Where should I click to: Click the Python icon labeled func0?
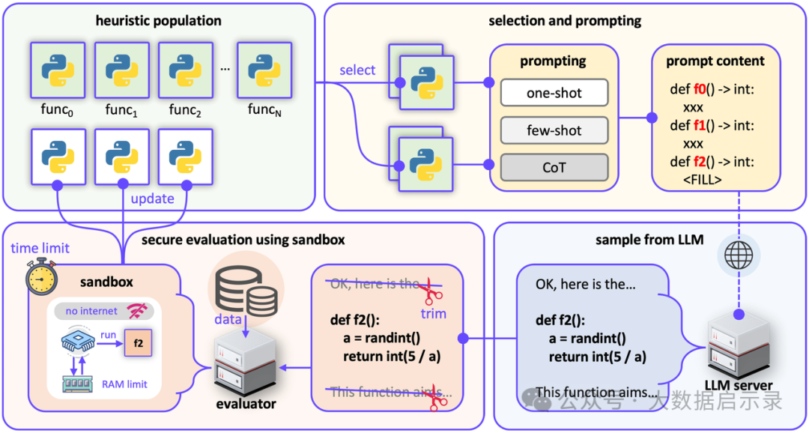point(57,70)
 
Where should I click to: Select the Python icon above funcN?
point(264,70)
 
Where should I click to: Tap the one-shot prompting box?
point(554,93)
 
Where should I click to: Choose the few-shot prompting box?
point(554,130)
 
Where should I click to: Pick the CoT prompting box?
point(554,167)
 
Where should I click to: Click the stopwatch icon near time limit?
point(40,277)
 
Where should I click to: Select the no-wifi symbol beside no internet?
point(138,311)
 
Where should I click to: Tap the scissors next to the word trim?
point(431,289)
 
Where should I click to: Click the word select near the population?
point(357,70)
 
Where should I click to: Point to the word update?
point(152,199)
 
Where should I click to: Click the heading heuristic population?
point(158,20)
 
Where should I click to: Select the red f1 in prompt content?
point(698,126)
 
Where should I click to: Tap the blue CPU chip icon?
point(77,342)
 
